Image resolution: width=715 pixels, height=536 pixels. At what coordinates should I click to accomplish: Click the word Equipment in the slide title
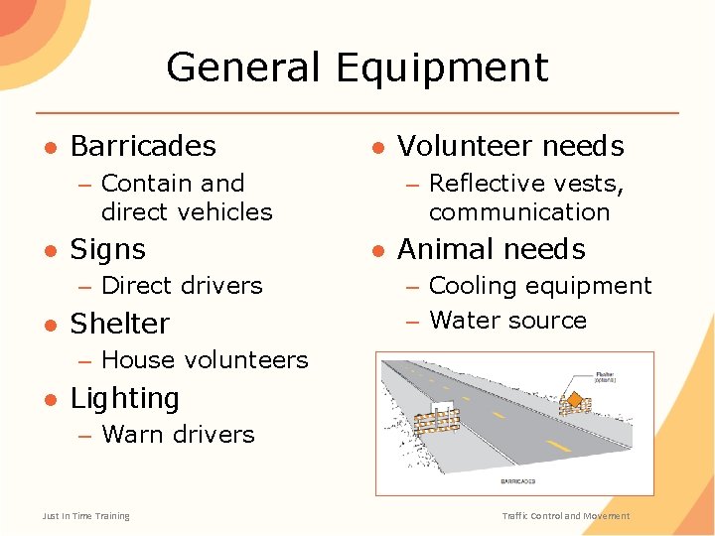tap(442, 68)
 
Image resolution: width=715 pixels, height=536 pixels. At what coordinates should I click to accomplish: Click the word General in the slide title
tap(242, 68)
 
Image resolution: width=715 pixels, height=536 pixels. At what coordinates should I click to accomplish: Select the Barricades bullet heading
tap(143, 147)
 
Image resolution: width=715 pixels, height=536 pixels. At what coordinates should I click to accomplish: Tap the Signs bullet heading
tap(107, 249)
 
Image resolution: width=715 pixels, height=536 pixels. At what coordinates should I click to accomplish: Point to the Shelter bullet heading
tap(119, 324)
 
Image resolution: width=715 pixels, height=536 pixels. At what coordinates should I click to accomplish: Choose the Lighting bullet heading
tap(124, 398)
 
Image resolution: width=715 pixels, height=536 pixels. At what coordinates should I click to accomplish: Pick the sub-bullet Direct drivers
tap(182, 286)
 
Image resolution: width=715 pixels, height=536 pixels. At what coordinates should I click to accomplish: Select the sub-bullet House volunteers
tap(205, 359)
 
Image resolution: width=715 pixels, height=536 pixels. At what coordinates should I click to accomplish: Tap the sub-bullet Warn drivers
tap(178, 434)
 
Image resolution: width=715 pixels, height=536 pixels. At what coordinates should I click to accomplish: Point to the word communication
tap(518, 212)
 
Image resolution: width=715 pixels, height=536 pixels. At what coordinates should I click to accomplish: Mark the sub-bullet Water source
tap(507, 321)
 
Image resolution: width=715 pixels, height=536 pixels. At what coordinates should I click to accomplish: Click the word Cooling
tap(471, 286)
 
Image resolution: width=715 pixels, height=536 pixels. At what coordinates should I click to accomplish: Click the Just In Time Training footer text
tap(85, 516)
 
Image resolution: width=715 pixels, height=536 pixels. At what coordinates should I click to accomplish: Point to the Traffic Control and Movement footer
tap(565, 516)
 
